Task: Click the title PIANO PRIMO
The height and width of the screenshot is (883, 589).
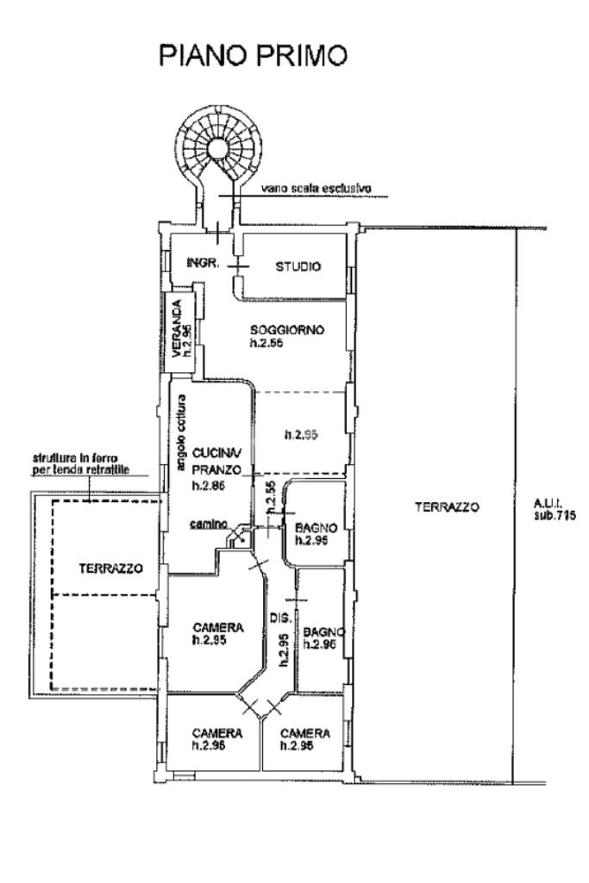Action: (254, 56)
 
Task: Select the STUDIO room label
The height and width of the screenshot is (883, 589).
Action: (298, 266)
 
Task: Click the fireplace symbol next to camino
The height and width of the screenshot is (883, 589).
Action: (239, 538)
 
